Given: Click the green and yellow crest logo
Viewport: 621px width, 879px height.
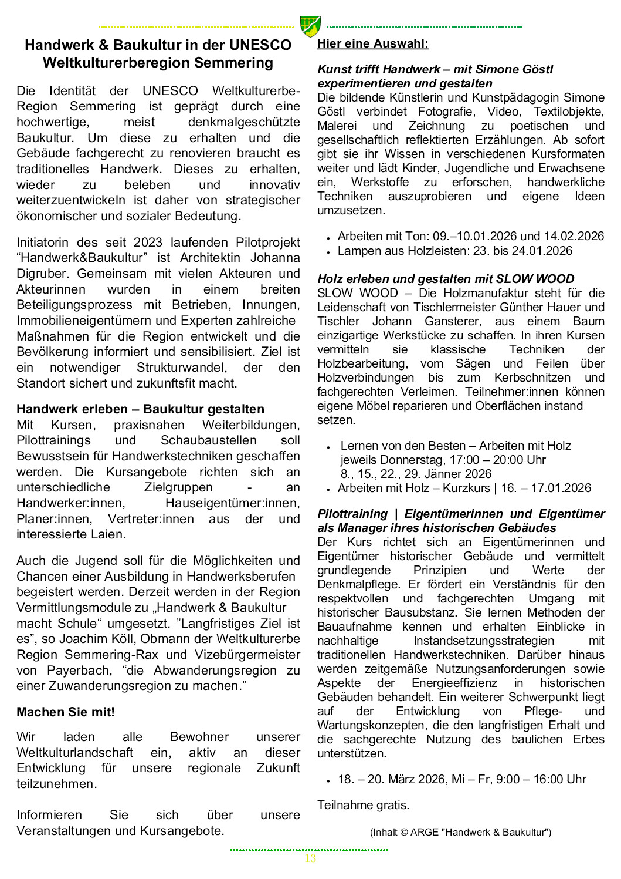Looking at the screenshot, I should tap(310, 26).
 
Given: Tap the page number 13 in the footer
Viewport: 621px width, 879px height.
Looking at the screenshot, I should tap(310, 858).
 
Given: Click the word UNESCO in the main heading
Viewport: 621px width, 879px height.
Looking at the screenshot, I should tap(260, 45).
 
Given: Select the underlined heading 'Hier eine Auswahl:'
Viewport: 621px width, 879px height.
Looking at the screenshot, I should tap(373, 43).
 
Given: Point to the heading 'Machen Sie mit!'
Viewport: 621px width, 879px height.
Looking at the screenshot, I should tap(66, 712).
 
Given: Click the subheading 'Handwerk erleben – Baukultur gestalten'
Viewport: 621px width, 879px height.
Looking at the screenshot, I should tap(140, 409).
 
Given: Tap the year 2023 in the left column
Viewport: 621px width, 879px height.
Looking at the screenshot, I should tap(148, 243).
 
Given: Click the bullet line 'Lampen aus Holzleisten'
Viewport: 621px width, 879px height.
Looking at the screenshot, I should tap(455, 251).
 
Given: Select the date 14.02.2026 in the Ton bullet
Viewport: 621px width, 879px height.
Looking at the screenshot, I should tap(574, 236).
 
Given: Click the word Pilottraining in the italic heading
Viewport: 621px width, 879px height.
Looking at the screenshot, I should tap(352, 514).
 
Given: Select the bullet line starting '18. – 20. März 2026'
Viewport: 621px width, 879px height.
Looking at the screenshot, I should tap(462, 779).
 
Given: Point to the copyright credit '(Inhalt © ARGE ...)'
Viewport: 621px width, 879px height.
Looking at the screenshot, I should tap(460, 832).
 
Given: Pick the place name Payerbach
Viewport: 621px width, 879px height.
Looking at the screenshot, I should tap(79, 671).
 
